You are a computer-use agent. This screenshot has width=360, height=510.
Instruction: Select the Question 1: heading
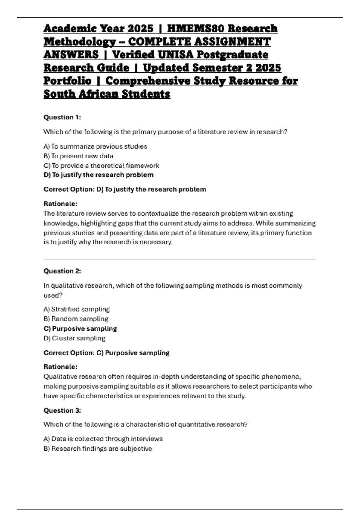[62, 117]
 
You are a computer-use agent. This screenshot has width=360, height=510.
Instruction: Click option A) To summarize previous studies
[95, 146]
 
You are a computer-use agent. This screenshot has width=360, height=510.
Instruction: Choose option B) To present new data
[79, 156]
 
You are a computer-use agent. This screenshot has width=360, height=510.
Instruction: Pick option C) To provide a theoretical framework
[101, 166]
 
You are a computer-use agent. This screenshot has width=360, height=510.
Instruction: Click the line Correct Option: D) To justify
[125, 189]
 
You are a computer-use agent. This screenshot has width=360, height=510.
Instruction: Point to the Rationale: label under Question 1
[61, 204]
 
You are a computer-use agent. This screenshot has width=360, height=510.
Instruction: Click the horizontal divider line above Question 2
[180, 259]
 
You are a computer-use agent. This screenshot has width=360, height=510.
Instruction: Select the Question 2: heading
[62, 271]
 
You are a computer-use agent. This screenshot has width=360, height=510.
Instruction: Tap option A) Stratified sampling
[77, 309]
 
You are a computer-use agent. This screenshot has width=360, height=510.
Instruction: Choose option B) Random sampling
[76, 319]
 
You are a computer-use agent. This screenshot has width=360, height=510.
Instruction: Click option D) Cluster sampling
[74, 338]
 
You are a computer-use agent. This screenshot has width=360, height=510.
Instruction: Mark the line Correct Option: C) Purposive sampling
[106, 353]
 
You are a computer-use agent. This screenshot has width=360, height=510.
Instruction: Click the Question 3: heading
[62, 410]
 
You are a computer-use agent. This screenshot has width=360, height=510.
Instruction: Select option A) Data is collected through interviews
[103, 439]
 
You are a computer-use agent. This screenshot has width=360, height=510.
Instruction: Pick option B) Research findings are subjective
[98, 448]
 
